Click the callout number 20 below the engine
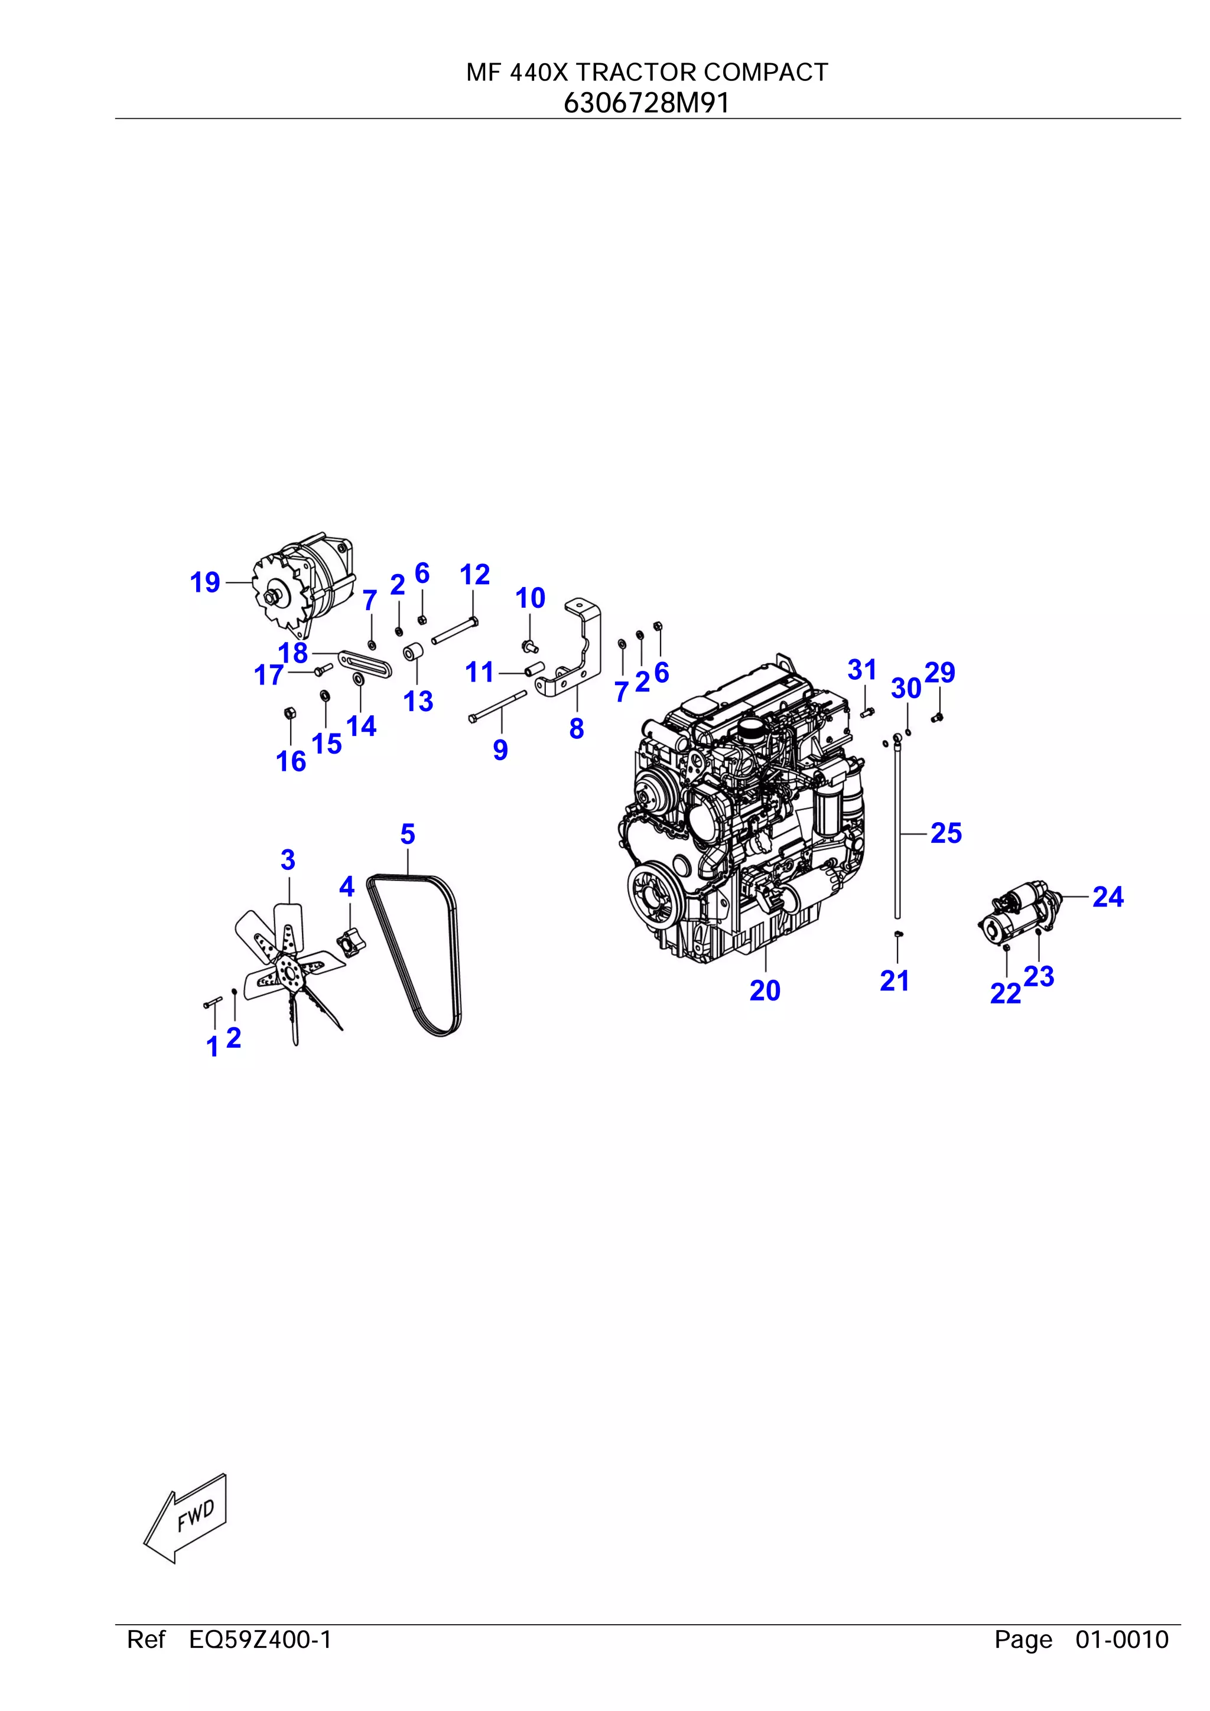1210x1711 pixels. point(765,990)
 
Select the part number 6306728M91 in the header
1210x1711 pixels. point(646,103)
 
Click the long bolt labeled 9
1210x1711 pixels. point(497,705)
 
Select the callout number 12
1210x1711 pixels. point(475,575)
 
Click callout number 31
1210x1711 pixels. point(862,670)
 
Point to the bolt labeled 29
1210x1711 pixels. point(938,718)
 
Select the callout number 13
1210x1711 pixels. point(418,701)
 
